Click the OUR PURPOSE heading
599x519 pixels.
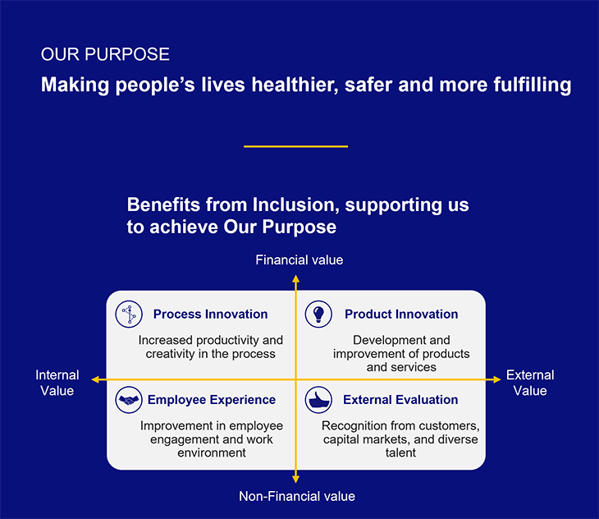point(105,54)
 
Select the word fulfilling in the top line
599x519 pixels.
point(533,85)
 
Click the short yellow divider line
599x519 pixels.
point(295,146)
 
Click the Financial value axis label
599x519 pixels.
point(299,259)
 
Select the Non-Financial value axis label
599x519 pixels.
point(297,496)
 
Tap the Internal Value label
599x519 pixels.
point(57,383)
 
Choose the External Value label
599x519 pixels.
point(530,383)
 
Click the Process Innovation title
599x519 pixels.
point(211,314)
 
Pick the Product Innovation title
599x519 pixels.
point(401,314)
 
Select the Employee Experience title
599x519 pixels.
point(212,399)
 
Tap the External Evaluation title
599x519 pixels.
point(400,399)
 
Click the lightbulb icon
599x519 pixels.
point(318,314)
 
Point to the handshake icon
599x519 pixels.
point(129,400)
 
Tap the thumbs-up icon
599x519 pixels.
point(318,400)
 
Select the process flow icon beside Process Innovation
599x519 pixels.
point(129,314)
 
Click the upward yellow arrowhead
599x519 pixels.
point(295,278)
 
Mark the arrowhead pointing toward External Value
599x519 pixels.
point(496,379)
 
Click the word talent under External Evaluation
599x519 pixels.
point(400,452)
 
